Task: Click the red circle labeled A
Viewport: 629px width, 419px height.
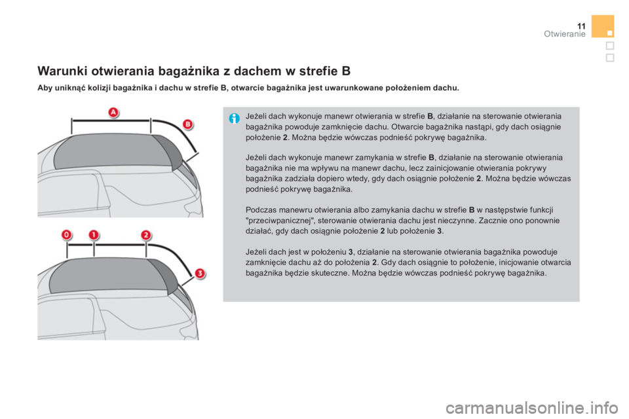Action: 113,113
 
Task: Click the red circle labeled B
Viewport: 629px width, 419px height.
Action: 187,123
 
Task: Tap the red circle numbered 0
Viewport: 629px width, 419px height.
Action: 67,234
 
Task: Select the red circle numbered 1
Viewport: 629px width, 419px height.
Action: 94,234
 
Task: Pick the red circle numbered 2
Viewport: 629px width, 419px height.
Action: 147,234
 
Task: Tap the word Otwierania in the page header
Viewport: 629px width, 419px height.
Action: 563,34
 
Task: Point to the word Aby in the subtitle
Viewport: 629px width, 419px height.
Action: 45,86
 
